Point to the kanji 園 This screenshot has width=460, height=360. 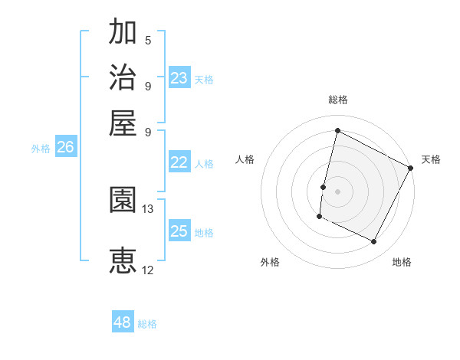123,201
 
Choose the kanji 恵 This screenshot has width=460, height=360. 123,260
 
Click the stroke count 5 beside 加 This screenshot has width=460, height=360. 147,41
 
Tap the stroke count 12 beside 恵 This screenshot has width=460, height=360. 148,270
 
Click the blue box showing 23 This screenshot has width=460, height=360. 179,78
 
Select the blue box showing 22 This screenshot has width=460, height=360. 179,162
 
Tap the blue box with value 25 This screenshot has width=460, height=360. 179,231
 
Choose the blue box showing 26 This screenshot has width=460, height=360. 65,148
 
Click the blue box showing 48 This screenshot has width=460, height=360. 122,322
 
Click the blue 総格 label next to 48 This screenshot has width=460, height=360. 147,324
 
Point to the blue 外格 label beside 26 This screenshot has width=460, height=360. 41,149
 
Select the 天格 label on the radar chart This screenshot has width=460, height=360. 431,159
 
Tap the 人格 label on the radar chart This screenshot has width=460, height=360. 245,159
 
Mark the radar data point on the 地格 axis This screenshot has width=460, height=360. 374,242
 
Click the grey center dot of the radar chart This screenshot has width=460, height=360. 337,191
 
